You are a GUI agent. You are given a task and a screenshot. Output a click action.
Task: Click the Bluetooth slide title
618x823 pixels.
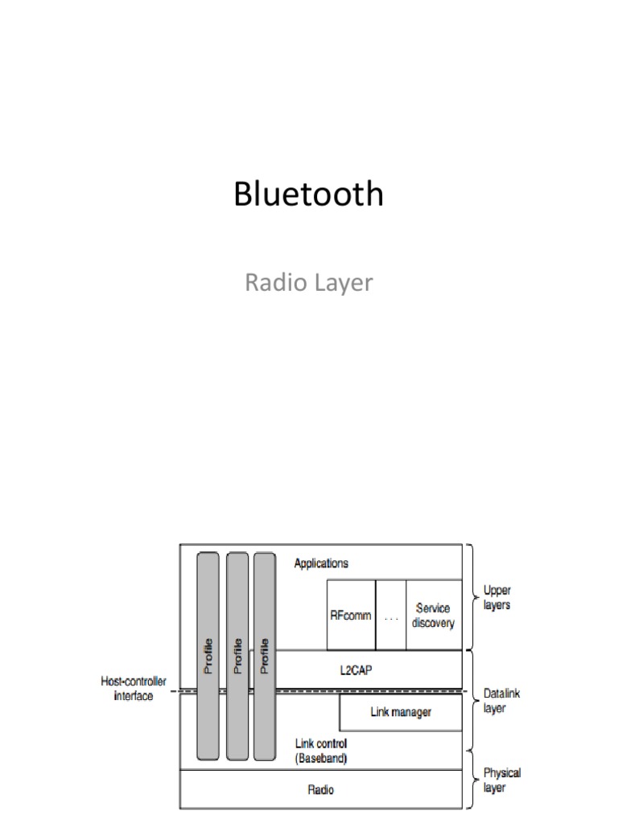(308, 194)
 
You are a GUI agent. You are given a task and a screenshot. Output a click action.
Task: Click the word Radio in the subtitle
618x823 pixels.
(271, 283)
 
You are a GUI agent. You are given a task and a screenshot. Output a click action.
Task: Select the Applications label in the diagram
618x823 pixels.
(321, 563)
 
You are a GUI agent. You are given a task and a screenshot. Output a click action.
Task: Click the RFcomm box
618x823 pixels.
(351, 616)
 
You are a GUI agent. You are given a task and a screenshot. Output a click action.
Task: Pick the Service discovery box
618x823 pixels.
(434, 616)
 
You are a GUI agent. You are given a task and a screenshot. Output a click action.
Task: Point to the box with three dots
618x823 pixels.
(391, 616)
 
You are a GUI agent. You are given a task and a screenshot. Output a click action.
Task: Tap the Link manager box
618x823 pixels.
(400, 712)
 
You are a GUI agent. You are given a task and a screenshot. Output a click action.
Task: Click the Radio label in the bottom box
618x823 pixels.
(321, 789)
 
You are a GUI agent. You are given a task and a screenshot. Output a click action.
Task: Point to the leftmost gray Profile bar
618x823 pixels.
(208, 656)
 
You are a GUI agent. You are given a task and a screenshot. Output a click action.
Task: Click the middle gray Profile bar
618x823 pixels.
(237, 656)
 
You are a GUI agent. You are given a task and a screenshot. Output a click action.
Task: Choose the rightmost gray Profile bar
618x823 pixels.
(265, 656)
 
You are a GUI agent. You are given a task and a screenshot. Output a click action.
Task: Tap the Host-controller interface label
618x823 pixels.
(134, 688)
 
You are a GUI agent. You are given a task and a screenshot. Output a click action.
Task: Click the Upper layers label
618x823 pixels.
(496, 598)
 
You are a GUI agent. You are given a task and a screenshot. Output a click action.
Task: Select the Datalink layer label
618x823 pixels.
(501, 700)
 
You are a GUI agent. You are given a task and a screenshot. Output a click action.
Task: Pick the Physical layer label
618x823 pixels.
(501, 780)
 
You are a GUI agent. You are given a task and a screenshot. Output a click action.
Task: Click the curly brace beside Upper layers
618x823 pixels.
(471, 598)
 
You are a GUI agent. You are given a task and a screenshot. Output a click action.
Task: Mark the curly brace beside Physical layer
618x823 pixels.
(471, 780)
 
